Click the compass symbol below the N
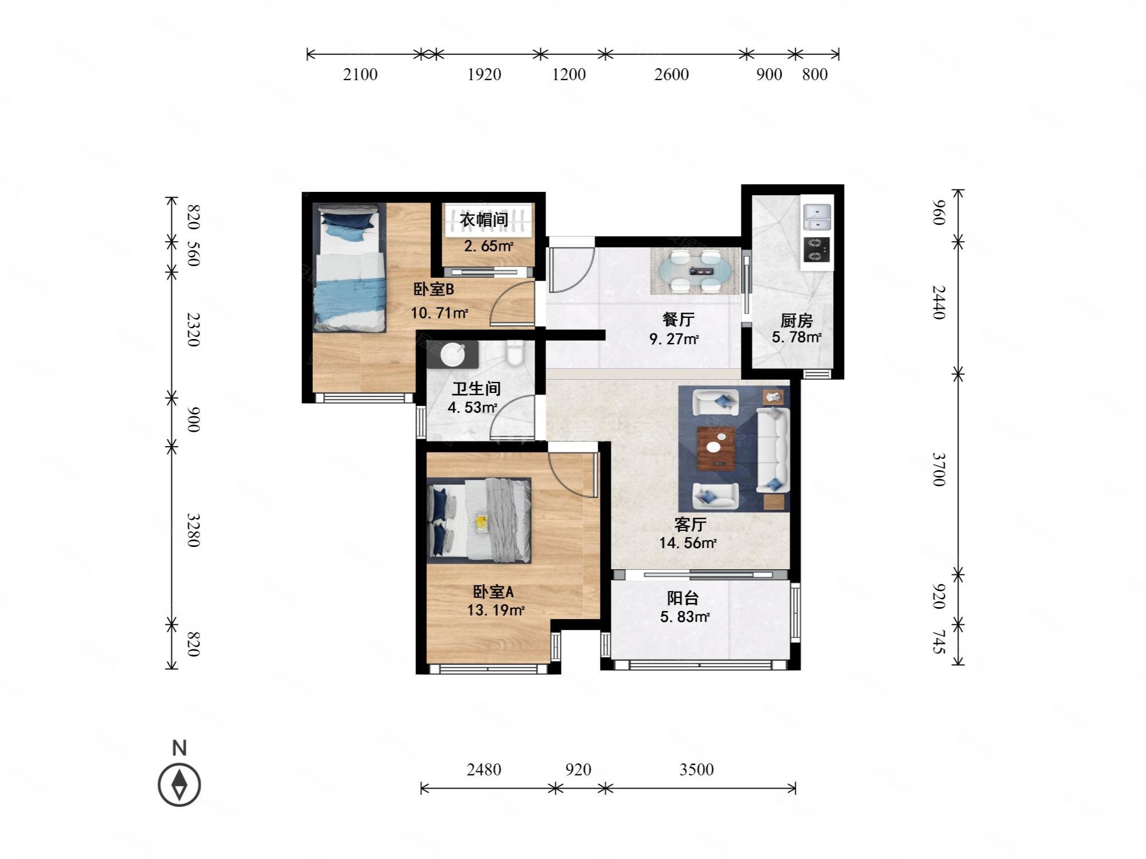tap(179, 784)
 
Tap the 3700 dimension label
tap(938, 469)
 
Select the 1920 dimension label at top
tap(484, 74)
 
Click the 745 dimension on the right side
tap(938, 642)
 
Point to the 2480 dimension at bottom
tap(484, 769)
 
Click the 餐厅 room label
tap(678, 320)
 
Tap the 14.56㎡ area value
tap(688, 543)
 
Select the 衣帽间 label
tap(484, 219)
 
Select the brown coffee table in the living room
tap(716, 448)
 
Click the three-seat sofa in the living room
tap(772, 450)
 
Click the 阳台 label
tap(683, 598)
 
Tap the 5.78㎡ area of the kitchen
tap(796, 337)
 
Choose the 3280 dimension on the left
tap(193, 530)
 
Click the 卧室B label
tap(434, 290)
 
